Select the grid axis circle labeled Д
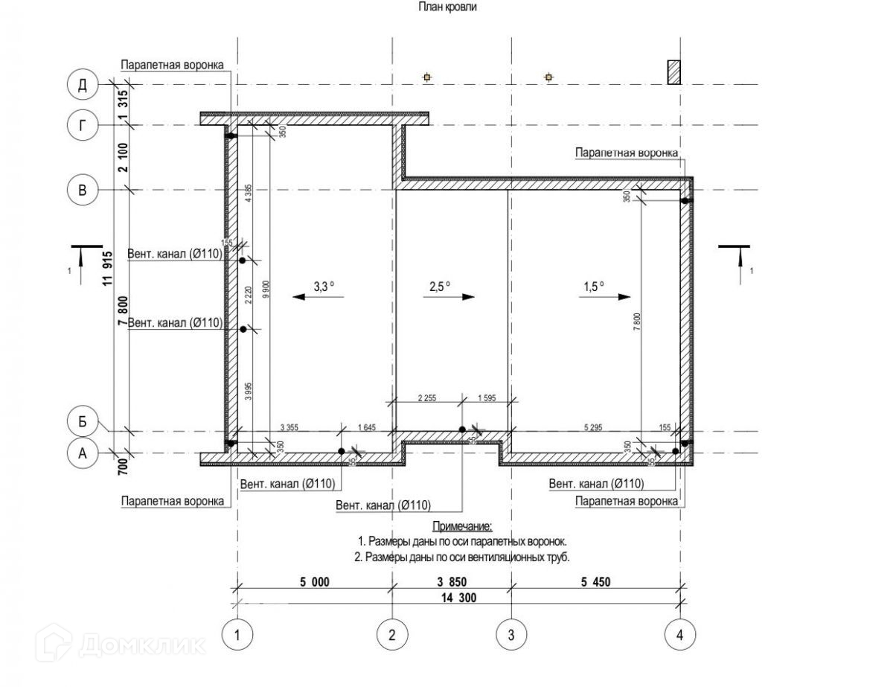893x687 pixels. (x=83, y=85)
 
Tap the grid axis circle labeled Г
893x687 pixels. (x=83, y=124)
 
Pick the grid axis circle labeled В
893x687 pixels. (x=83, y=190)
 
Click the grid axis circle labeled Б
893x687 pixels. (x=83, y=422)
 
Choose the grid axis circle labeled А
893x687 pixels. (x=83, y=453)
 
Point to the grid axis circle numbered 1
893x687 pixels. (x=237, y=635)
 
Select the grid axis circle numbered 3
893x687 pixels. (x=510, y=635)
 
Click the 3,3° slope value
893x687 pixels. (x=324, y=285)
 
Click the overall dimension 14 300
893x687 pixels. (x=458, y=598)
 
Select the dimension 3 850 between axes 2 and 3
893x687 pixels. (x=451, y=582)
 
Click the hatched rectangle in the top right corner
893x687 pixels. (x=673, y=73)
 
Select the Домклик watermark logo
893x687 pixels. (x=123, y=642)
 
